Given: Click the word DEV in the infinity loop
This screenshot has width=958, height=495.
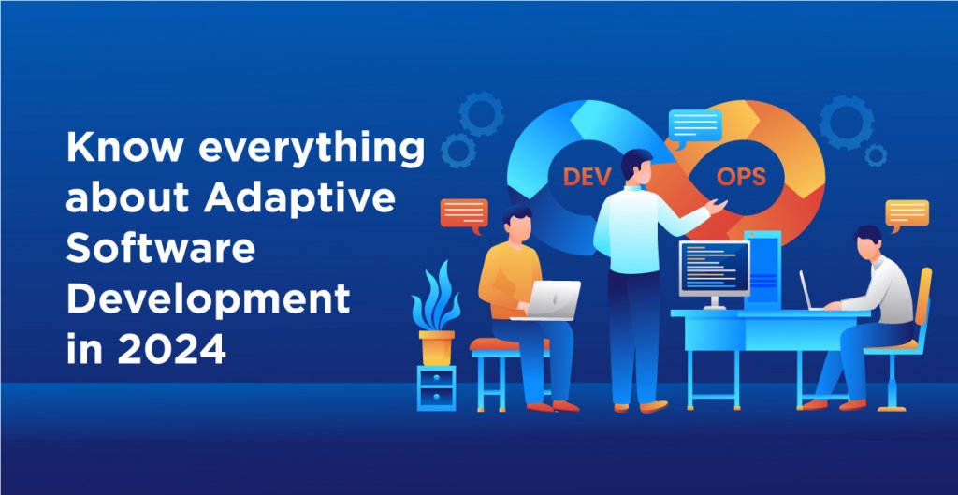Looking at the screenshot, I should pos(584,177).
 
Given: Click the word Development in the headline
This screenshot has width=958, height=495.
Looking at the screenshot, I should pos(209,298).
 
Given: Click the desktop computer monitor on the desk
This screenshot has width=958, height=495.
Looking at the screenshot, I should pos(714,268).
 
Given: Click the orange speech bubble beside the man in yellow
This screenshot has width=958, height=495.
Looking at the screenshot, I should pos(464,214).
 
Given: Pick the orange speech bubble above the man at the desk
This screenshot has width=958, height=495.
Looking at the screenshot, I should pos(907,214).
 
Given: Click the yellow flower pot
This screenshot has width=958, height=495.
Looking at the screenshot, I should pos(436,346).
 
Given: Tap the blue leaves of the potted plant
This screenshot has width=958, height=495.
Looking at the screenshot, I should pos(437,297).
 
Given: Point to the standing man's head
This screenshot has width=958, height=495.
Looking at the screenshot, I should pos(636,167).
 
